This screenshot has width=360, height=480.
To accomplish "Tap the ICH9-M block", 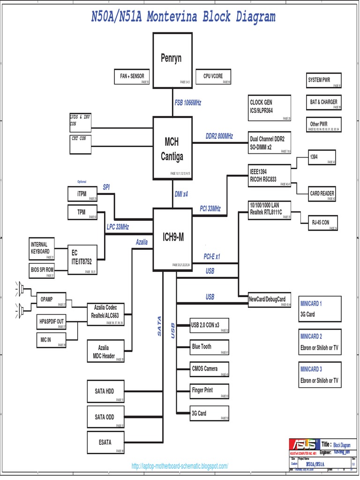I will (172, 239).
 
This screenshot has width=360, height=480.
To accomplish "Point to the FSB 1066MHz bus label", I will (188, 103).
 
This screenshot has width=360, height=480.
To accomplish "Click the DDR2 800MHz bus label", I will (219, 136).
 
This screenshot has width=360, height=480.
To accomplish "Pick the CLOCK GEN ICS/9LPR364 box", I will (270, 108).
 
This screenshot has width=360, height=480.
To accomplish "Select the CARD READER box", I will (322, 194).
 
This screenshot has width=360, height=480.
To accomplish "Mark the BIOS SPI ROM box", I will (42, 270).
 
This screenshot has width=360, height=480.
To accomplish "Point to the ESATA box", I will (105, 442).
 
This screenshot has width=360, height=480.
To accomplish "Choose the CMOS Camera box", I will (209, 369).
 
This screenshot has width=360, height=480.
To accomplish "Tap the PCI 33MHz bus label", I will (210, 209).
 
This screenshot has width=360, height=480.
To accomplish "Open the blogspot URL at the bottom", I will (180, 466).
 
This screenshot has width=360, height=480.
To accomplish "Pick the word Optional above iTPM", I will (82, 181).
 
